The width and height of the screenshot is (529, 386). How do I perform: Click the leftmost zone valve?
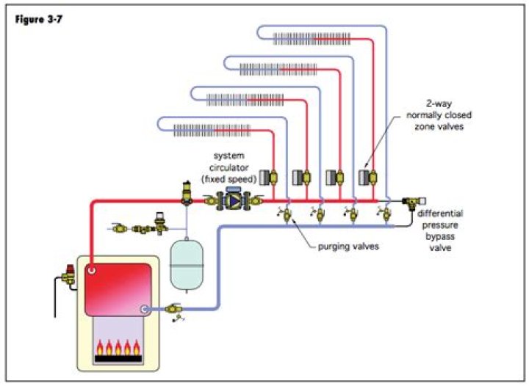[271, 178]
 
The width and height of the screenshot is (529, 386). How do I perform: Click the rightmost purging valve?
[383, 215]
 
